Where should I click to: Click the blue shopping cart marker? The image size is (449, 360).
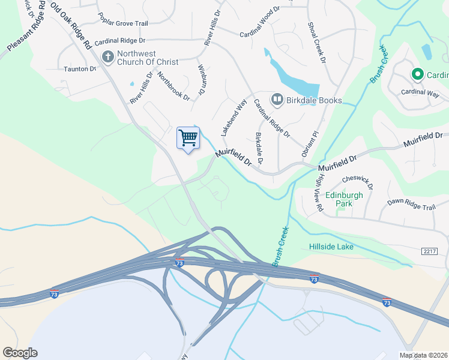[x=188, y=139]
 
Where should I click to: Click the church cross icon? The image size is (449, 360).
[x=108, y=57]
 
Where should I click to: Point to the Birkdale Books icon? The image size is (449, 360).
[x=277, y=100]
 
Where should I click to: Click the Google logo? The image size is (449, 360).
[x=20, y=353]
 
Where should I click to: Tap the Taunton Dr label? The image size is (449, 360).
[x=80, y=69]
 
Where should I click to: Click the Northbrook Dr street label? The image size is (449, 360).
[x=173, y=86]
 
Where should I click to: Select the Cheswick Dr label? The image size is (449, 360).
[x=357, y=182]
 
